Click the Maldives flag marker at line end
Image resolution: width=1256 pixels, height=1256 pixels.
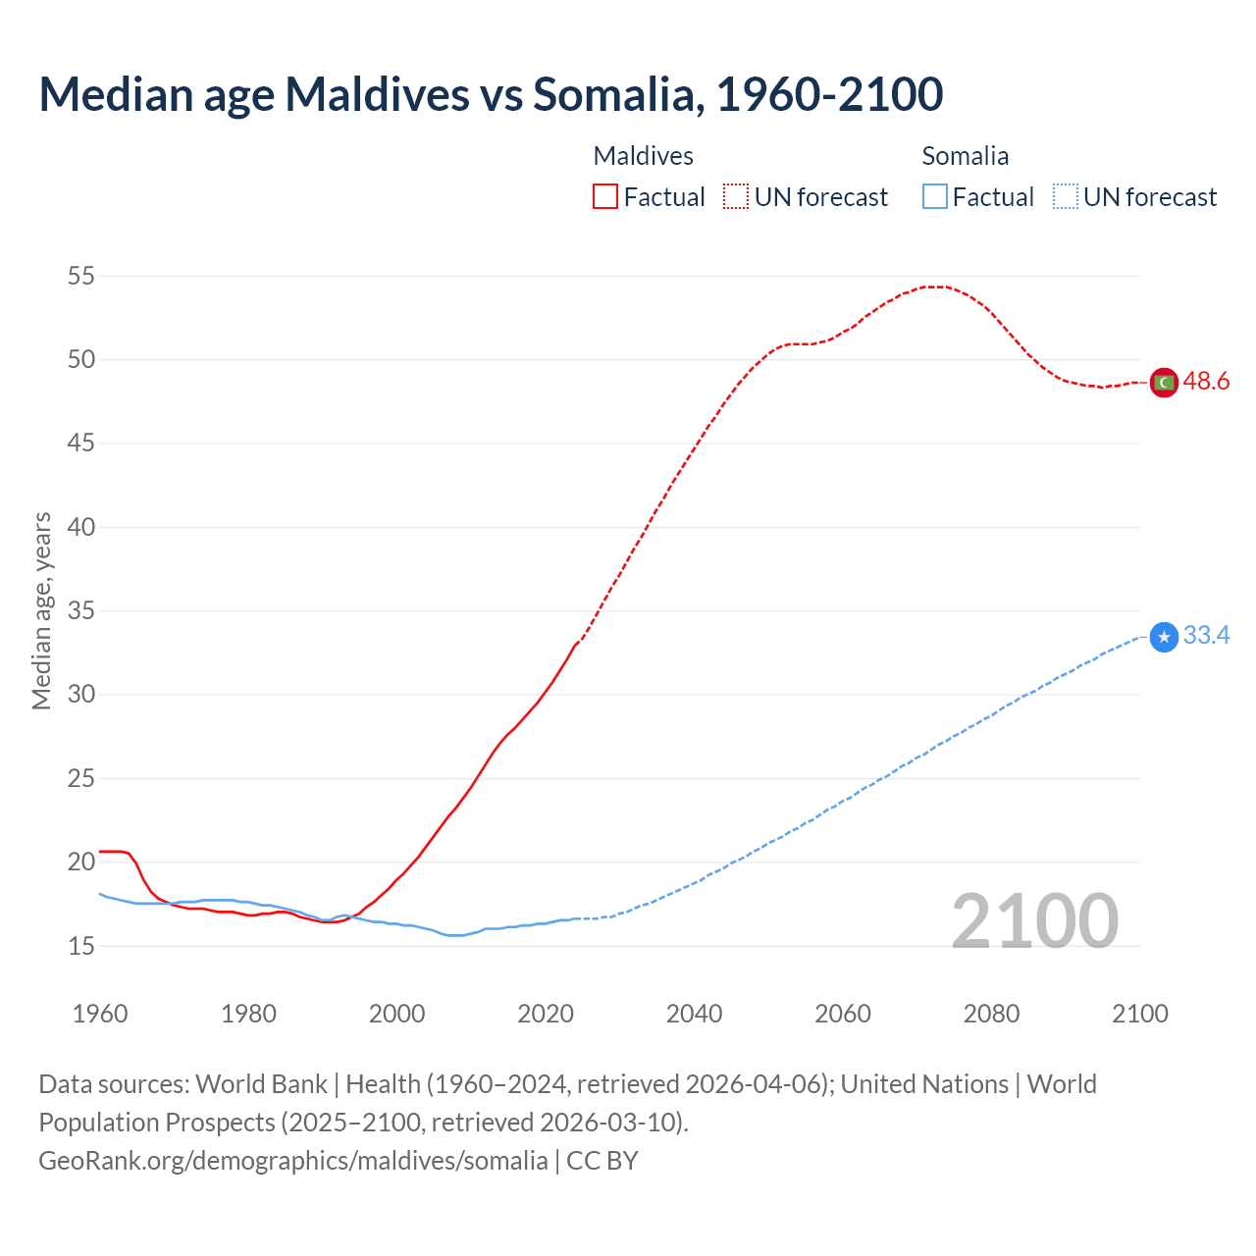pos(1164,382)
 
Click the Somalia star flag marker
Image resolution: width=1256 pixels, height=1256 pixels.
pos(1164,638)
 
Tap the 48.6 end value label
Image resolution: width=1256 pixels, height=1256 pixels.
pos(1206,382)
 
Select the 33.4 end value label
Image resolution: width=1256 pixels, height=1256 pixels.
pos(1206,636)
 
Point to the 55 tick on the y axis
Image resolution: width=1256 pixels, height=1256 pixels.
pos(81,277)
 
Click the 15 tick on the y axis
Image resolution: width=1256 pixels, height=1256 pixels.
pos(81,946)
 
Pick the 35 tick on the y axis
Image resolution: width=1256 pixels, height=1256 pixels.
pos(81,611)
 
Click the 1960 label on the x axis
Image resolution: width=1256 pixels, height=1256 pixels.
pos(100,1014)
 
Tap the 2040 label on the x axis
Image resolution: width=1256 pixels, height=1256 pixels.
pos(694,1014)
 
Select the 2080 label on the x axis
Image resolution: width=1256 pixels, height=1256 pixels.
pos(991,1014)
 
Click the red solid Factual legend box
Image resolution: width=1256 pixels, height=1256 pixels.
pos(605,197)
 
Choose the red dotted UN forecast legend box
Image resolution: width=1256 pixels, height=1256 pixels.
pos(736,197)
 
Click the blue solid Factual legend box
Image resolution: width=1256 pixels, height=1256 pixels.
pos(935,197)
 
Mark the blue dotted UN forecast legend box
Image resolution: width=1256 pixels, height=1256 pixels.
pos(1066,197)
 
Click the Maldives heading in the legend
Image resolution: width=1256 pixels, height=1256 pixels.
pos(644,156)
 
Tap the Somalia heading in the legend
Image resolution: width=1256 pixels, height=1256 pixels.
pos(966,156)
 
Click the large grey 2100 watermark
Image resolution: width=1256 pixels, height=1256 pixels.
pos(1035,920)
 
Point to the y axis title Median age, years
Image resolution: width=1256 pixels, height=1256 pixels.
pos(41,610)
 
